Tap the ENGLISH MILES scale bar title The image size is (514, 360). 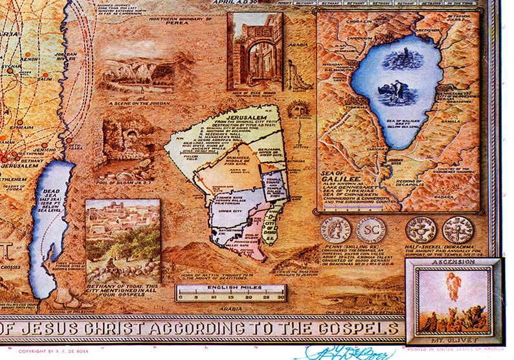[x=231, y=286]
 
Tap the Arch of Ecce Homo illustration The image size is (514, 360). [x=254, y=45]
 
